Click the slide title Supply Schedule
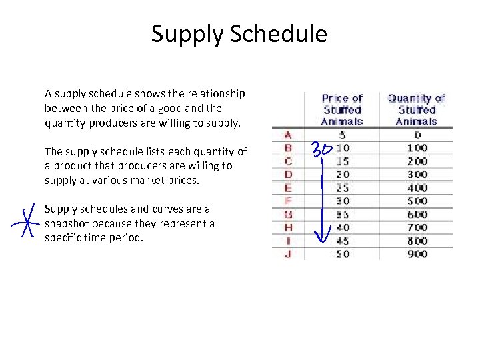tap(239, 33)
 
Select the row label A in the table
tap(288, 135)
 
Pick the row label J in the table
tap(288, 254)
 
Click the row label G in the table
tap(288, 215)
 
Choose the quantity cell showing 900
tap(417, 254)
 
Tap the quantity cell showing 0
tap(417, 135)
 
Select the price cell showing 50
tap(342, 254)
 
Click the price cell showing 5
tap(342, 135)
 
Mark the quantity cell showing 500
tap(417, 201)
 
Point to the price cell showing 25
tap(342, 188)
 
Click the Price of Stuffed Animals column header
tap(342, 110)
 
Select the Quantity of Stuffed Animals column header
tap(417, 110)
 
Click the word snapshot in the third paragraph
tap(68, 223)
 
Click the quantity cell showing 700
tap(417, 228)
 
